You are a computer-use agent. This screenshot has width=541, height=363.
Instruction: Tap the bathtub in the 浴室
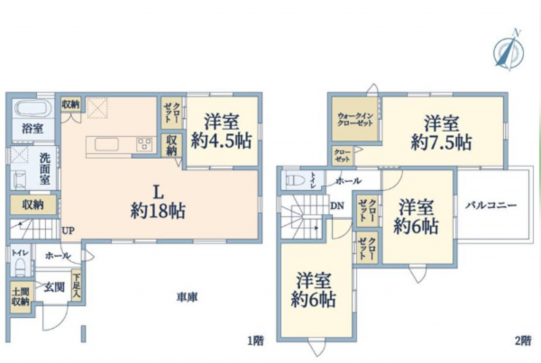[32, 110]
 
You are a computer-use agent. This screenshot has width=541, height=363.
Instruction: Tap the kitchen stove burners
[145, 143]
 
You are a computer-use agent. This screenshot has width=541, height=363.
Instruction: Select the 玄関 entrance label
[53, 287]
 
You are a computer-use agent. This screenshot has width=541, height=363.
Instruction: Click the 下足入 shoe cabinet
[78, 286]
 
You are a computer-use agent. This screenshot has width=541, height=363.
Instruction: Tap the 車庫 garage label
[187, 296]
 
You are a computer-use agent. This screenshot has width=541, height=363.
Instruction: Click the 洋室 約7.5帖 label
[442, 133]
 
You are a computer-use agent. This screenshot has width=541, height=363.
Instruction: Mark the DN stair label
[335, 205]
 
